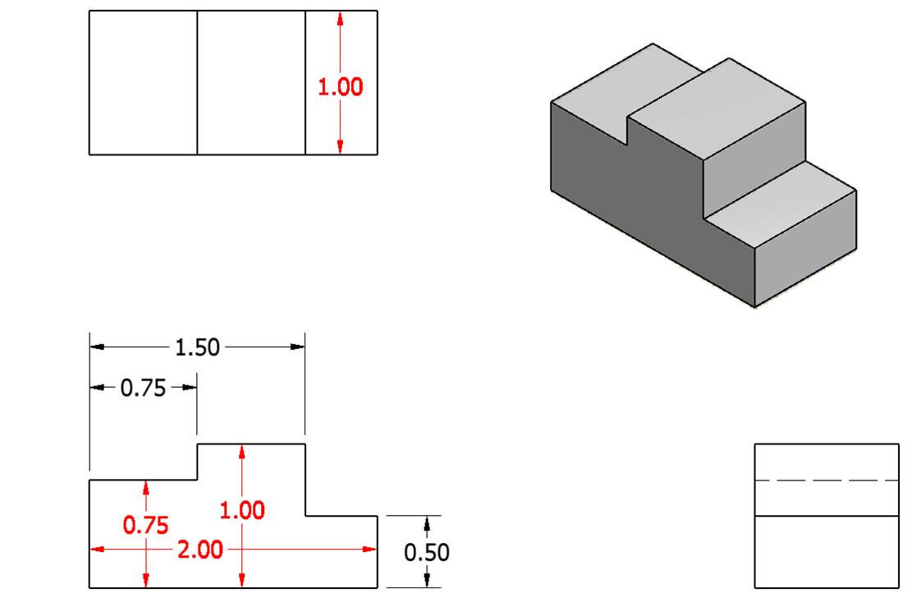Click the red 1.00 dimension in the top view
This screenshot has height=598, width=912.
[341, 87]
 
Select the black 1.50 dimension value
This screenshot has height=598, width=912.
[198, 347]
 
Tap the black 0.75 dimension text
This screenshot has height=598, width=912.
[143, 388]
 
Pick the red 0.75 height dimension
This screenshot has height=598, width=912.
[145, 525]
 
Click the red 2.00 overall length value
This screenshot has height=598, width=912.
[199, 550]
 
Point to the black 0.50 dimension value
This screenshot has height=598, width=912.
[427, 552]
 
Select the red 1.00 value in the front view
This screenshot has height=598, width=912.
[242, 510]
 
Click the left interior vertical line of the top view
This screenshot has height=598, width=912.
[197, 82]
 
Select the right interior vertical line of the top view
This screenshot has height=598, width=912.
[305, 82]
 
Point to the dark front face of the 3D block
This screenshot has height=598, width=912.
[624, 197]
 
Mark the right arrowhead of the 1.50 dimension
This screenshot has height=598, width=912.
[297, 347]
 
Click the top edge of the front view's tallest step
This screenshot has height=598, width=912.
[251, 444]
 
